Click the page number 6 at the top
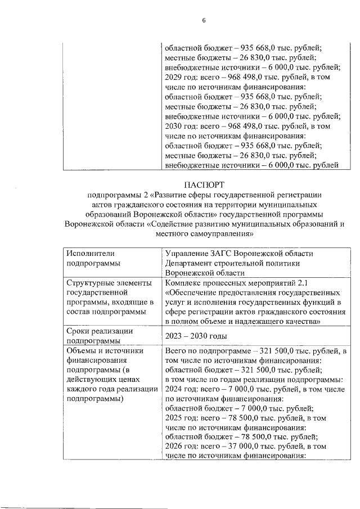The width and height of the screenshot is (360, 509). [x=204, y=21]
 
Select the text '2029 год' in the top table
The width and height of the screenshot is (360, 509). [x=180, y=77]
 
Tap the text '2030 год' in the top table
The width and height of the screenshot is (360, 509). [x=180, y=126]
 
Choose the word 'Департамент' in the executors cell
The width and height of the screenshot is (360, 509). [x=191, y=263]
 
